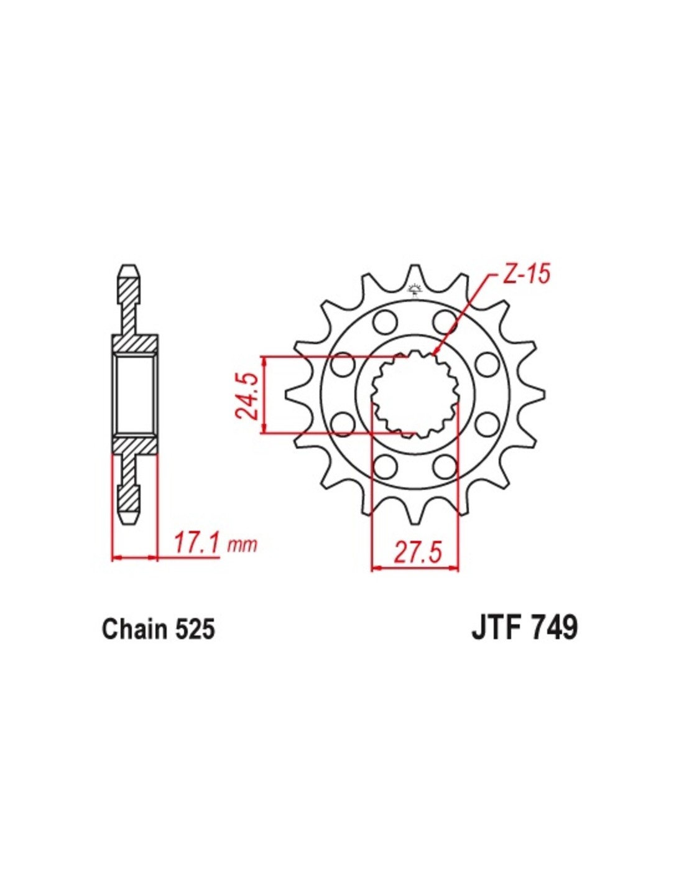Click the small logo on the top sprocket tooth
[x=415, y=288]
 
